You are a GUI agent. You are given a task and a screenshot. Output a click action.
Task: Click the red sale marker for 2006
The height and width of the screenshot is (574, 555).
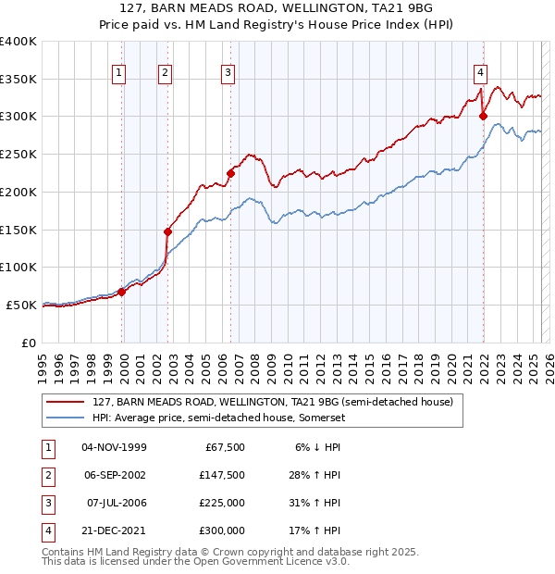(x=230, y=172)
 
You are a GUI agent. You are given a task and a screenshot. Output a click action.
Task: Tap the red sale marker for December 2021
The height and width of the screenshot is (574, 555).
(x=483, y=116)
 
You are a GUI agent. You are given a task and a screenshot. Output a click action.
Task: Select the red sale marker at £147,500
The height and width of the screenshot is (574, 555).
(x=167, y=231)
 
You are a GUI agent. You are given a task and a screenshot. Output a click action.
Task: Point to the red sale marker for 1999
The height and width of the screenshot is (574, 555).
(x=121, y=291)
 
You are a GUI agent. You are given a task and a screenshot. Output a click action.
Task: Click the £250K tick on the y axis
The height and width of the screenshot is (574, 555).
(x=18, y=154)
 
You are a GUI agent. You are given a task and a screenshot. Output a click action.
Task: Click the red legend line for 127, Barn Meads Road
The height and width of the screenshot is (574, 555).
(x=64, y=402)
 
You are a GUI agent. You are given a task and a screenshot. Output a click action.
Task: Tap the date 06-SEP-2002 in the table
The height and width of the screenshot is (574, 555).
(x=114, y=475)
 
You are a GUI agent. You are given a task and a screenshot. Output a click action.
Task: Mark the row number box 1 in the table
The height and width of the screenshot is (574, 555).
(x=47, y=447)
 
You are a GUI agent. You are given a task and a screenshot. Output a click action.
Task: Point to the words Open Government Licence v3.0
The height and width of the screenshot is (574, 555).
(x=276, y=561)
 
